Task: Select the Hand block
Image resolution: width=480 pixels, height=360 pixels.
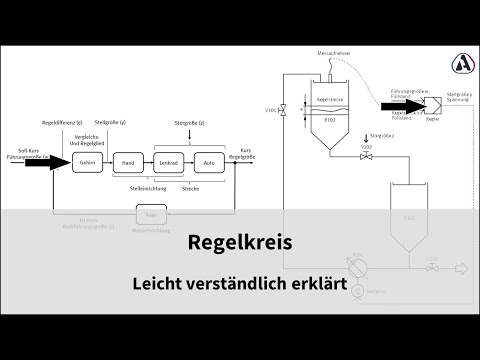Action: (x=126, y=162)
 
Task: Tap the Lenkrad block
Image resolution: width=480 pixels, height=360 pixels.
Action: (x=169, y=162)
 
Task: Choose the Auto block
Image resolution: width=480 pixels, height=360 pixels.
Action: (x=209, y=162)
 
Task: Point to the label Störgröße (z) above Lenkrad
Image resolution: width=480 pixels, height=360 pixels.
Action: (x=191, y=128)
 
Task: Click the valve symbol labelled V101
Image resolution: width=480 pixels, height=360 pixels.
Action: (x=286, y=110)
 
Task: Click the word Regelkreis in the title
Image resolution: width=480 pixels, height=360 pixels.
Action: (x=239, y=243)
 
